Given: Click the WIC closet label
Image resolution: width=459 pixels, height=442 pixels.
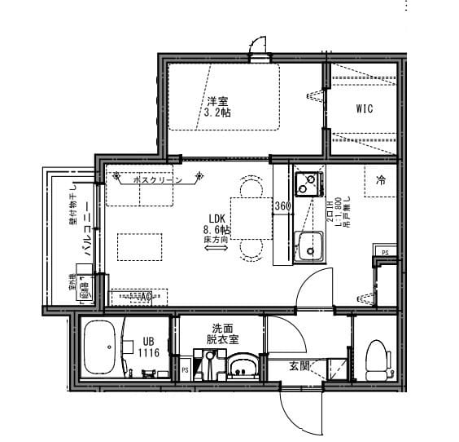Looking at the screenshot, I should click(x=364, y=109).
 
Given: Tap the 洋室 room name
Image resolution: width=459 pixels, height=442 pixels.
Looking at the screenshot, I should click(x=217, y=101).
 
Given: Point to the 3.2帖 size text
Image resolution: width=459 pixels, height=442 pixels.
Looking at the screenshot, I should click(x=217, y=113).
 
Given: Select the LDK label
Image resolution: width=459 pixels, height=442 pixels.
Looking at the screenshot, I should click(x=216, y=219).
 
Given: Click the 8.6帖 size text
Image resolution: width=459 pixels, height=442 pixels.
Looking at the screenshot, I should click(x=216, y=230).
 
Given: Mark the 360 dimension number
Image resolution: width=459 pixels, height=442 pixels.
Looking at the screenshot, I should click(x=282, y=206).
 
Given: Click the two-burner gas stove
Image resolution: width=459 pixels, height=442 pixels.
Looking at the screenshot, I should click(x=308, y=183).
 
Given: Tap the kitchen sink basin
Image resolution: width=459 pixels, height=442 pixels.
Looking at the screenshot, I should click(x=308, y=247).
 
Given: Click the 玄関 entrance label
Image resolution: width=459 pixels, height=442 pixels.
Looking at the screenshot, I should click(x=299, y=366).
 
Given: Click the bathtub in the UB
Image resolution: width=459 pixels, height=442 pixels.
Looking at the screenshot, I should click(x=101, y=349).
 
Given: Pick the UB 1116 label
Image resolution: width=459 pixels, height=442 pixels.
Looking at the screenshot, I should click(x=148, y=347).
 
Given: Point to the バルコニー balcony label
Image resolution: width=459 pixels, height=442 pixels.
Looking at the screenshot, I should click(x=85, y=231).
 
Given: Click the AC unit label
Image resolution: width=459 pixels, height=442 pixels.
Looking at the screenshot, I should click(x=145, y=298).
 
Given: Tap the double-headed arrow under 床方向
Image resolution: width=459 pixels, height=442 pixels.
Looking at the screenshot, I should click(x=216, y=250).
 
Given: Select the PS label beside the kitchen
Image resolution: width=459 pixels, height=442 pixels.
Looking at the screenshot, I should click(x=385, y=253).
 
